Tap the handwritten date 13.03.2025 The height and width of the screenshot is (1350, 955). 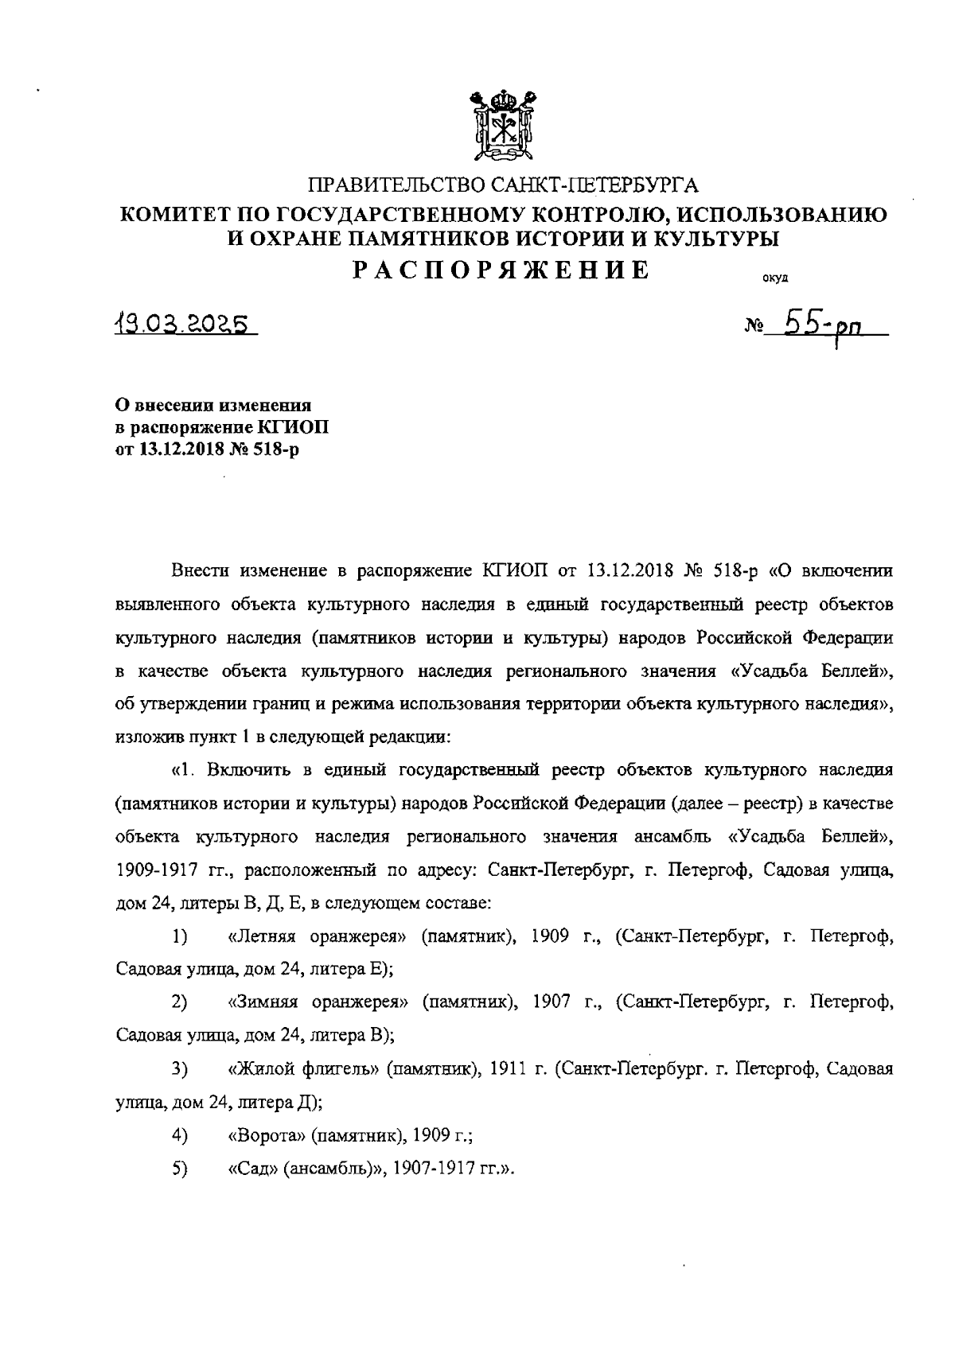click(x=184, y=324)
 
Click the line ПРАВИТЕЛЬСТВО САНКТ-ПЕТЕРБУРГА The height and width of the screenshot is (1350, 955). click(x=502, y=187)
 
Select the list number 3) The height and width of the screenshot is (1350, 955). click(x=178, y=1069)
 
